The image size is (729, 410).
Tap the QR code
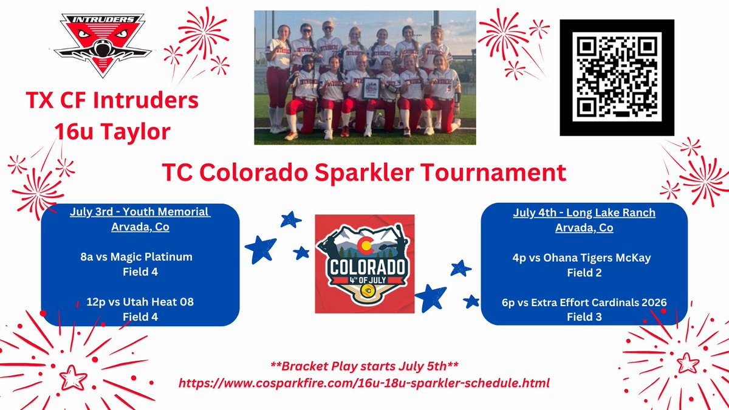[617, 78]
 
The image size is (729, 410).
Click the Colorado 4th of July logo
[365, 264]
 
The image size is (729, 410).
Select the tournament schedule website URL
[364, 383]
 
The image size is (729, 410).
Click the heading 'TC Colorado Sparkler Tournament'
[364, 173]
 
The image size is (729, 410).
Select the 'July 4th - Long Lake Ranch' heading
[584, 213]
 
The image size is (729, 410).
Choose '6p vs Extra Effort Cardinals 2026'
[584, 302]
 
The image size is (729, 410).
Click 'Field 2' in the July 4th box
[584, 273]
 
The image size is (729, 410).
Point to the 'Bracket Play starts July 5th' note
[364, 368]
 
